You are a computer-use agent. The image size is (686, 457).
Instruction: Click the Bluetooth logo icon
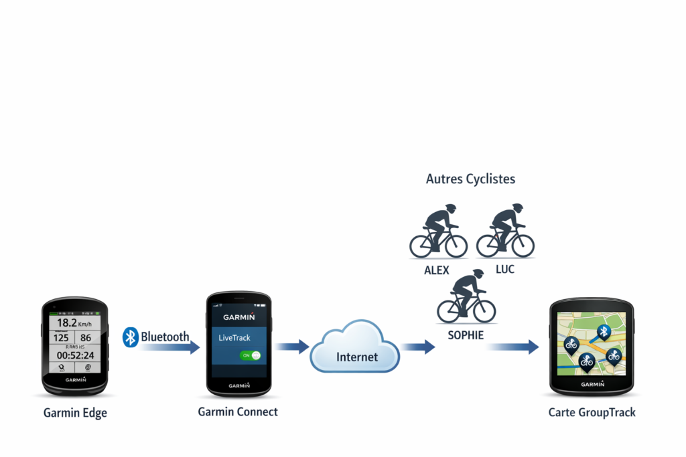130,337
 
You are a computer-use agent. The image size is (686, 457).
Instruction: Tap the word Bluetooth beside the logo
165,337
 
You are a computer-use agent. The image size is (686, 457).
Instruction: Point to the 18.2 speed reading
68,323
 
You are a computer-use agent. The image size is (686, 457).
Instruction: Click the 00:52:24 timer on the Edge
75,355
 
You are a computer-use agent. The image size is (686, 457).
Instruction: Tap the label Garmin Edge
75,413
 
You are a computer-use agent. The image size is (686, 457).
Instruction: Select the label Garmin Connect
238,412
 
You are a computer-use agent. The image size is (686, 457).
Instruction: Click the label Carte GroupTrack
592,412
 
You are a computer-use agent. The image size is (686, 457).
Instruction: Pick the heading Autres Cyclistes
470,179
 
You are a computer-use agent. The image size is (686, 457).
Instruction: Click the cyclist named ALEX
438,232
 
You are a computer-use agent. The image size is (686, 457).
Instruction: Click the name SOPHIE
465,335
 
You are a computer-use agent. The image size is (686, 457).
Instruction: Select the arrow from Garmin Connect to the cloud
292,347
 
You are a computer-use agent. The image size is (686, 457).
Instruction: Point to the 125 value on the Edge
62,338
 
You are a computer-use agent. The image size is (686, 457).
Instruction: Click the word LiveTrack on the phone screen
234,337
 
